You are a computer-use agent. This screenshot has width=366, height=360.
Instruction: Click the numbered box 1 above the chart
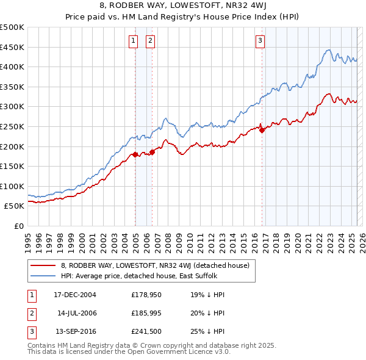133,41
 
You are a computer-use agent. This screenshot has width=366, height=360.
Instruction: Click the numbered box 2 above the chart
150,41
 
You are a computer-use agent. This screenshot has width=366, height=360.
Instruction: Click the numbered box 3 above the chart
260,41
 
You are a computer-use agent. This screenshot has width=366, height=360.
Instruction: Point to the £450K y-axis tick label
12,47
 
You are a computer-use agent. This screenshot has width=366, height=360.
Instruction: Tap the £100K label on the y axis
12,186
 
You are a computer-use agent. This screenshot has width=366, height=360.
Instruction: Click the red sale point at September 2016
262,130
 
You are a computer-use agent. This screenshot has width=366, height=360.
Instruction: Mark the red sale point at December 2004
135,155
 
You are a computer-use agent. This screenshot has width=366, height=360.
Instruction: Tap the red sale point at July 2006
152,152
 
